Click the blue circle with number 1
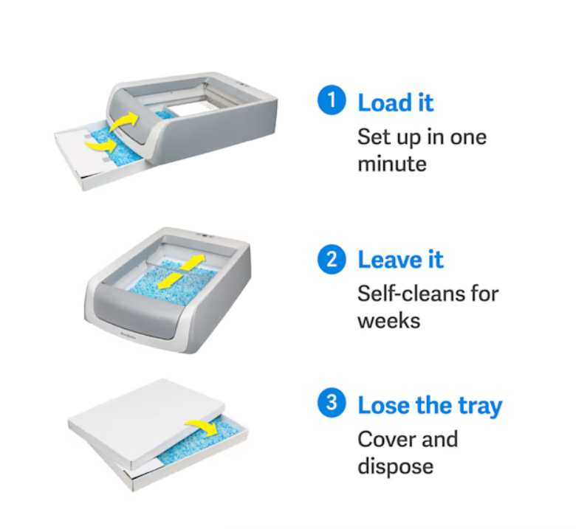[x=332, y=102]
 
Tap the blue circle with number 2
[x=332, y=260]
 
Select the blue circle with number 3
[x=332, y=404]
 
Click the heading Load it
[x=396, y=103]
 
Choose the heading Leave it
[x=400, y=260]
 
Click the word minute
[x=392, y=163]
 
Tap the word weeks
[x=388, y=320]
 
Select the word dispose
[x=395, y=466]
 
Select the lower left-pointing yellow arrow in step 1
[x=100, y=145]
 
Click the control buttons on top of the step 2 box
[x=204, y=236]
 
